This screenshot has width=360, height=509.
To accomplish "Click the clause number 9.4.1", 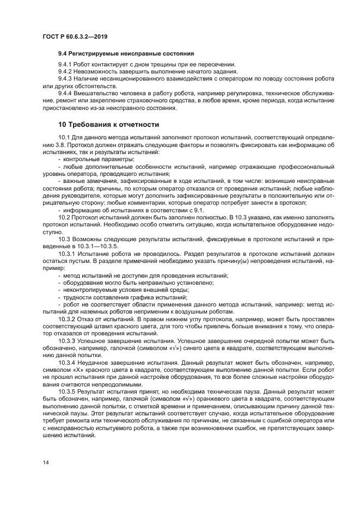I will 66,64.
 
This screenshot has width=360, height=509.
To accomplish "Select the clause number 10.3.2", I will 66,318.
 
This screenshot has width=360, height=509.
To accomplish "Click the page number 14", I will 45,462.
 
